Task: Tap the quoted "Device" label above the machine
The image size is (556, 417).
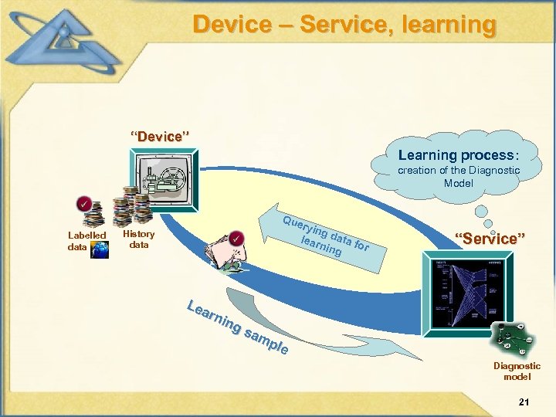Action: click(160, 137)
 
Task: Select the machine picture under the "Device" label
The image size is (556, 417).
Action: click(163, 179)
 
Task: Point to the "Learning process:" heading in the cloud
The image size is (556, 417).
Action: click(459, 155)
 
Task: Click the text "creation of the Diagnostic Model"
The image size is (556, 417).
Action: click(459, 177)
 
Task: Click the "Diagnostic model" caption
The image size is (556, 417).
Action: click(517, 371)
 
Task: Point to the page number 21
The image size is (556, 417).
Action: click(524, 402)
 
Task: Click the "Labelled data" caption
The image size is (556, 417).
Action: click(86, 240)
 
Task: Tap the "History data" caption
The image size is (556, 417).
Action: click(139, 239)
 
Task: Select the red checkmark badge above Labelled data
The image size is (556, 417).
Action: click(82, 205)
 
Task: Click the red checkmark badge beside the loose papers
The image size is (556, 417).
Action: click(237, 238)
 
